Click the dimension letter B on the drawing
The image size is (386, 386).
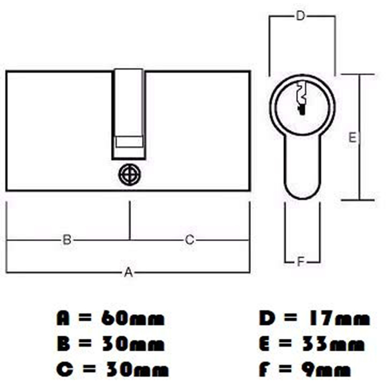coord(67,240)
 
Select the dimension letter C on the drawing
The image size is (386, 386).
coord(189,240)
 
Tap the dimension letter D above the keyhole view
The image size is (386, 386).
coord(301,16)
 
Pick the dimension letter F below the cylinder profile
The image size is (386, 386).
coord(301,262)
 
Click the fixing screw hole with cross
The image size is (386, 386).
coord(130,175)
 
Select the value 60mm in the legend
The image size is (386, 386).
coord(133,319)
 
